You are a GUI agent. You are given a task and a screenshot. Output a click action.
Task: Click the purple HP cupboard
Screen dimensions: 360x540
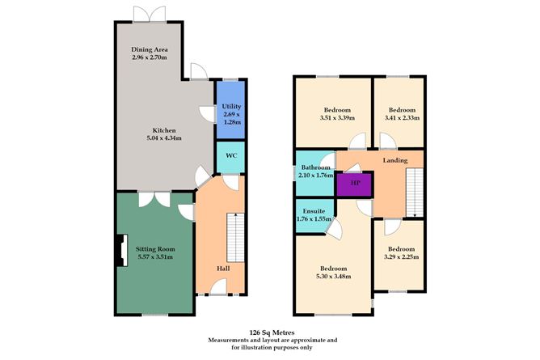coord(353,184)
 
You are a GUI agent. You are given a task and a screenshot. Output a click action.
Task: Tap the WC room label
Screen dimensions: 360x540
coord(230,155)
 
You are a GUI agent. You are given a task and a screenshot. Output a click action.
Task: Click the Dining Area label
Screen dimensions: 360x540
coord(150,50)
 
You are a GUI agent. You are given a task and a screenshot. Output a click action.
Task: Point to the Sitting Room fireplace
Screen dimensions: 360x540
coord(120,251)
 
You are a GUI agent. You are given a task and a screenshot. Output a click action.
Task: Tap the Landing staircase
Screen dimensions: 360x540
coord(413,192)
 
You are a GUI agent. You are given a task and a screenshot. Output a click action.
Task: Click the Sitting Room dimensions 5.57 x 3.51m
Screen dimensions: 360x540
coord(155,257)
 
